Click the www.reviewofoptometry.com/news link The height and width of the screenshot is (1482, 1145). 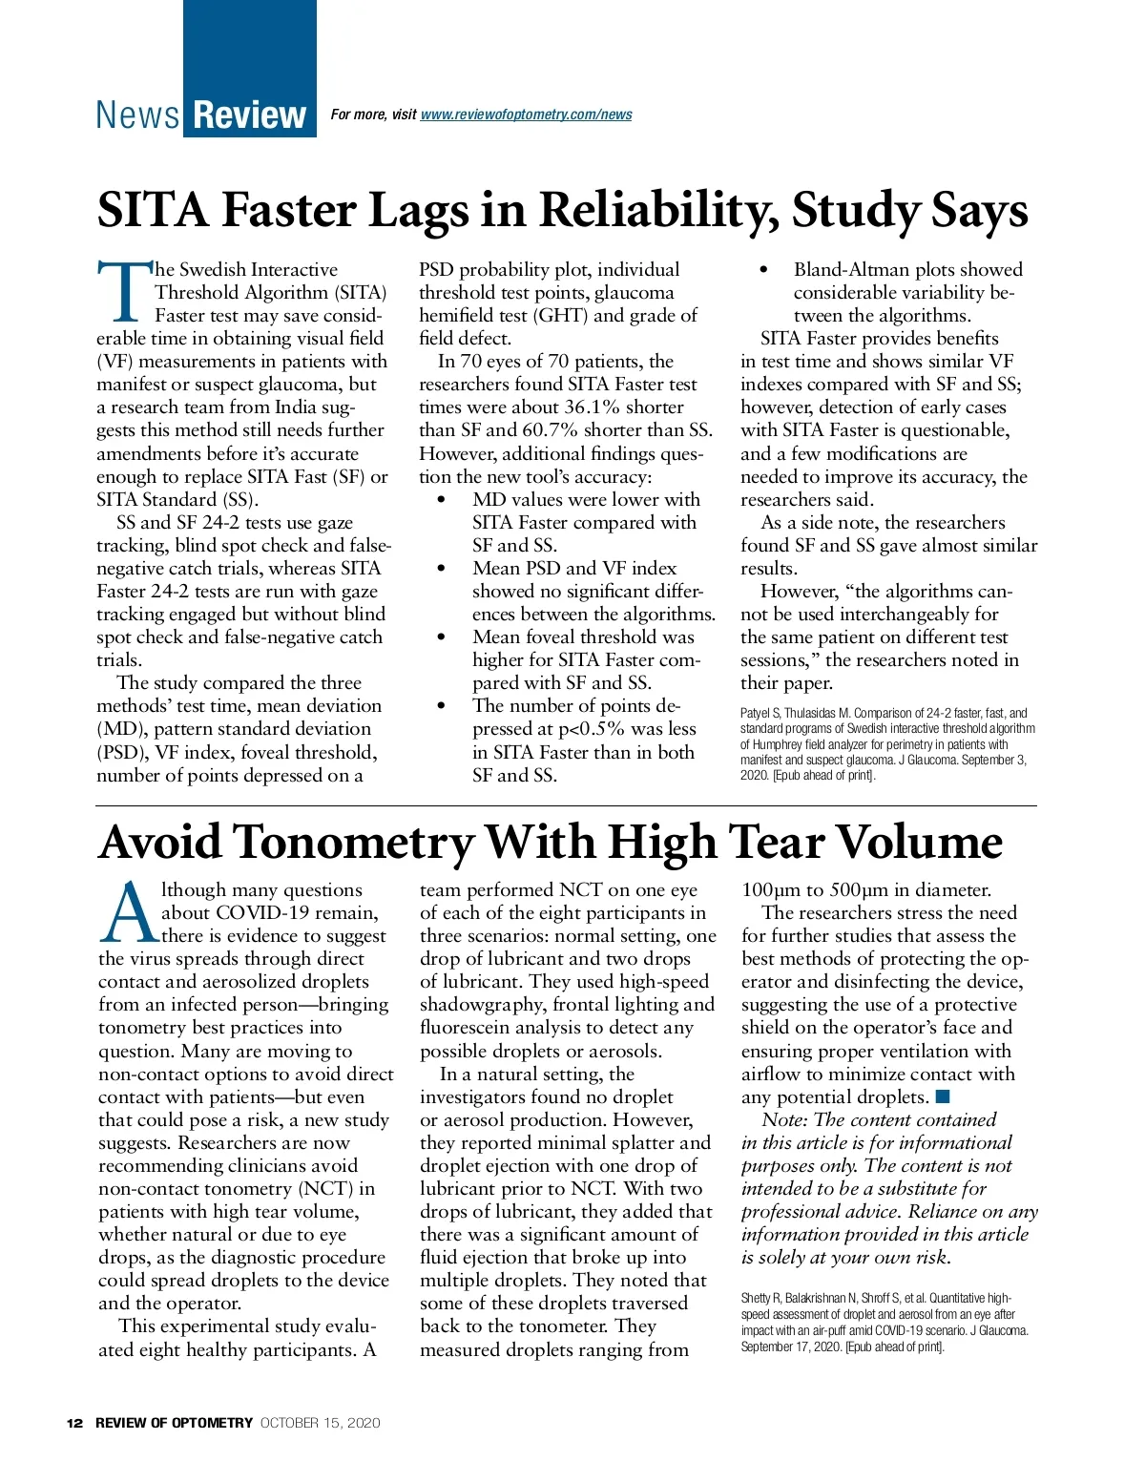tap(526, 115)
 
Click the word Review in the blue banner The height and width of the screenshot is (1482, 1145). tap(249, 115)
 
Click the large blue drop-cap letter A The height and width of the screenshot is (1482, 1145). tap(129, 911)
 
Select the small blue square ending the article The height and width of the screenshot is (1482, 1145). tap(943, 1096)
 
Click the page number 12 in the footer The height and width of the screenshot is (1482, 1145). tap(74, 1423)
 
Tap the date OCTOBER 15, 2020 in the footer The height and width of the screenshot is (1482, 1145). tap(320, 1423)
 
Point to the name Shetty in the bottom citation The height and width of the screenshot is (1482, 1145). tap(756, 1298)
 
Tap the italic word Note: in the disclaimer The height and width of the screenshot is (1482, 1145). tap(784, 1120)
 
